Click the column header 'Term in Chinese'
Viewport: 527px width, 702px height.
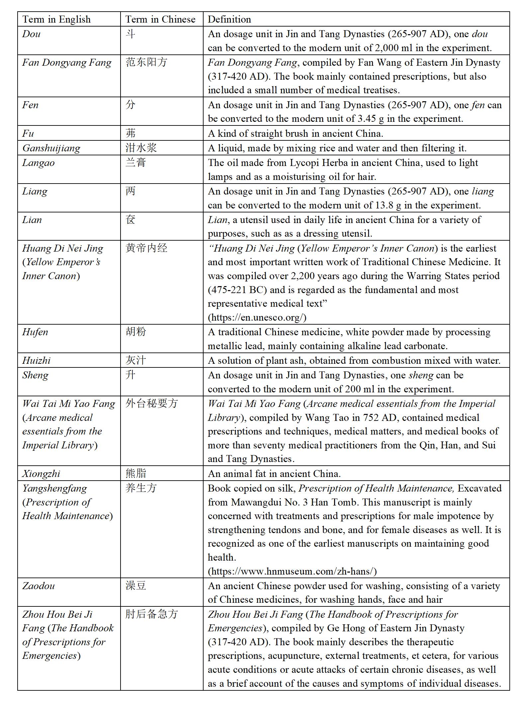(x=160, y=19)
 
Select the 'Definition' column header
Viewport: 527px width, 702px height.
(x=229, y=19)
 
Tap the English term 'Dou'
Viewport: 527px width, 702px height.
(x=31, y=34)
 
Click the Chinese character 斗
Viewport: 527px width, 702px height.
(x=131, y=34)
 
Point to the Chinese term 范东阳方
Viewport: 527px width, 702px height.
(x=146, y=62)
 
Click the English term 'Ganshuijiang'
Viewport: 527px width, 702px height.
(x=51, y=148)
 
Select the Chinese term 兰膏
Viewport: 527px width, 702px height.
(x=135, y=163)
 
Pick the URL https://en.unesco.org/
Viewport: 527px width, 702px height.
(x=257, y=317)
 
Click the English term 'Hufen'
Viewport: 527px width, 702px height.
(x=35, y=332)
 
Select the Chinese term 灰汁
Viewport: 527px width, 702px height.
(x=135, y=360)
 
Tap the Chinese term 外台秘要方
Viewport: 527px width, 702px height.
(x=151, y=404)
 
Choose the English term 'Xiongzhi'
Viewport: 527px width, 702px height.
(x=41, y=474)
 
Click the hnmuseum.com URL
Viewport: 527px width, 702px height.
(x=292, y=571)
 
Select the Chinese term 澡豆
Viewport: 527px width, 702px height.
(x=135, y=586)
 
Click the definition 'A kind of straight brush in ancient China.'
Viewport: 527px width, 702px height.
(x=296, y=133)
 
